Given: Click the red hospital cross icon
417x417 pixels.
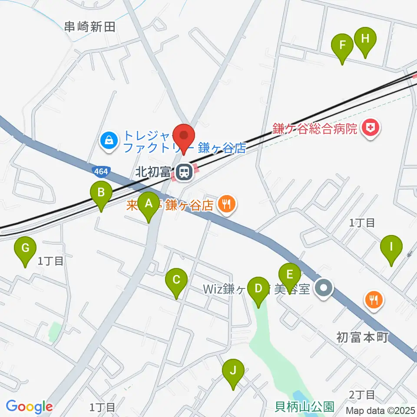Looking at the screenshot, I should [371, 128].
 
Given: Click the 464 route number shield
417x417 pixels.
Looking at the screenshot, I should [101, 171].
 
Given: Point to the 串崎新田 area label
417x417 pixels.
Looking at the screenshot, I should [89, 27].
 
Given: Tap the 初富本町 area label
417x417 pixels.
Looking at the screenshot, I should [362, 337].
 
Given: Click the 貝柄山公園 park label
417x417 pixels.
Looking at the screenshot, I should [305, 407].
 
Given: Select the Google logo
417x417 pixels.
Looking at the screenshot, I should [29, 407].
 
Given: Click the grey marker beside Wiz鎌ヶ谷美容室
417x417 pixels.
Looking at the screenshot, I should [324, 288].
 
